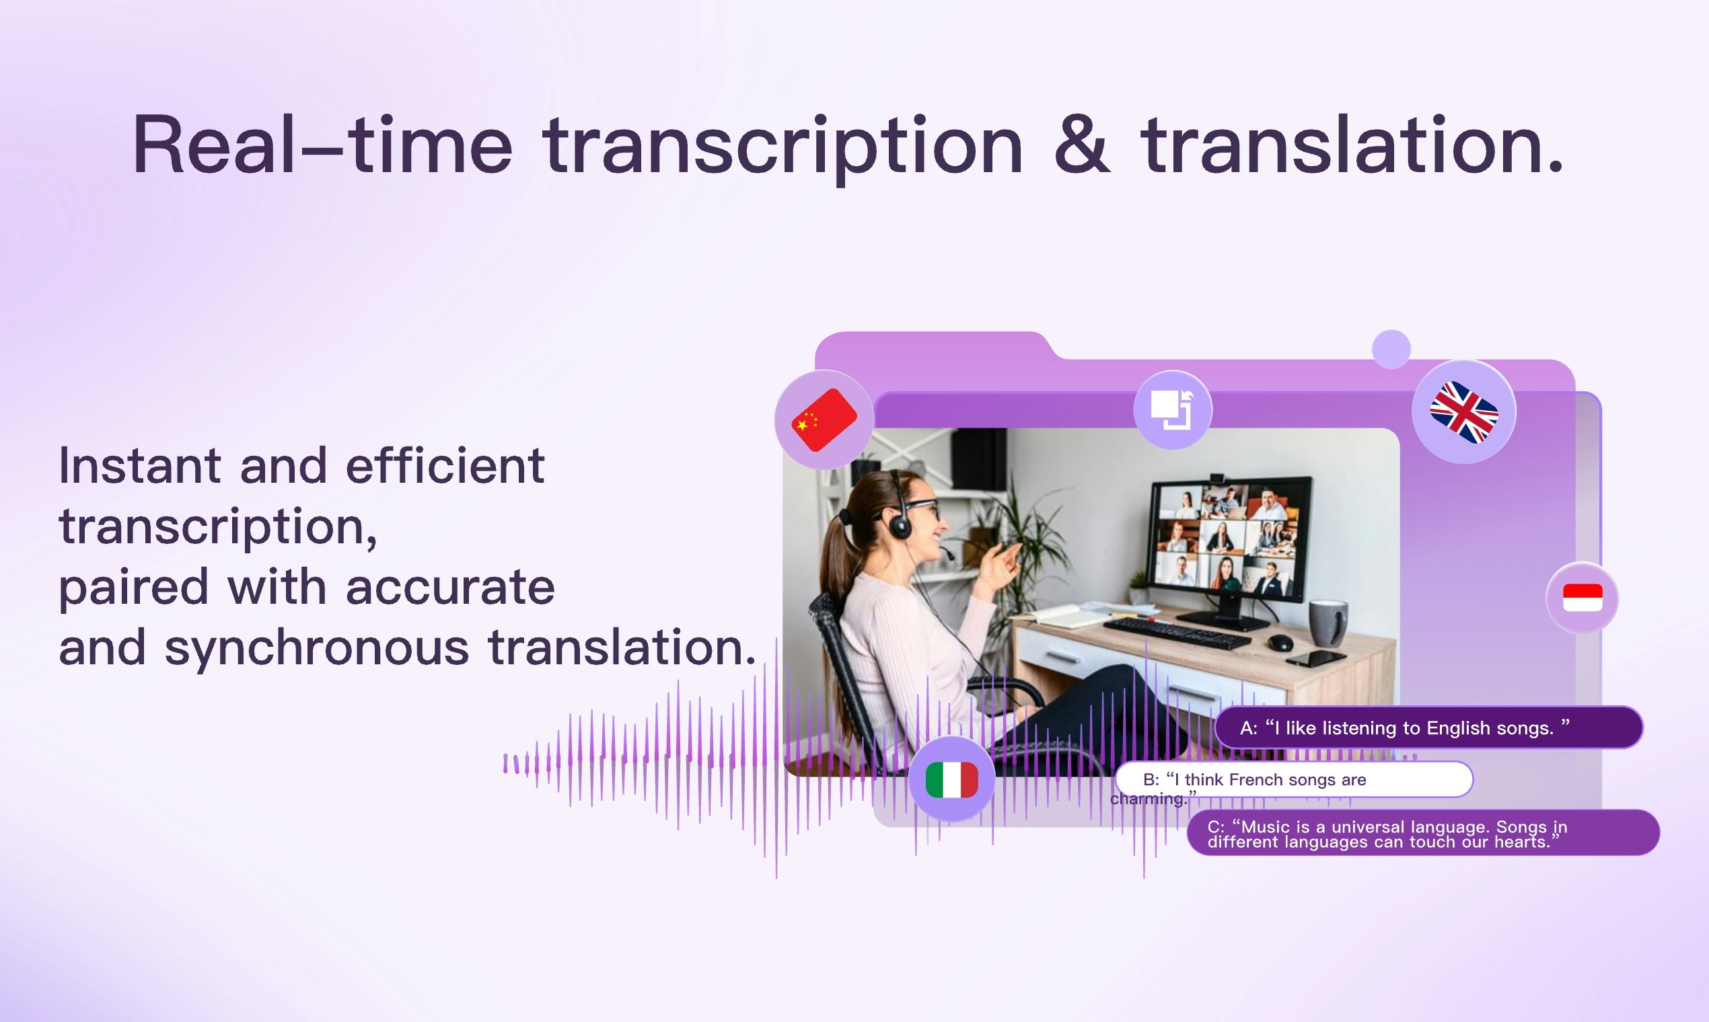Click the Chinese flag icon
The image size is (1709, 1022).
point(824,420)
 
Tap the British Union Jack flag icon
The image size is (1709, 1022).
point(1463,412)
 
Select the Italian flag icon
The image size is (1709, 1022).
point(951,779)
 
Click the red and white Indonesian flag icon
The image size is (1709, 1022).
point(1583,597)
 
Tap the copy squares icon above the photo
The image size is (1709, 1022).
point(1172,409)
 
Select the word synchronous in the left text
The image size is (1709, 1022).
point(317,648)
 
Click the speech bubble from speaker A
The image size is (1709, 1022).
point(1428,728)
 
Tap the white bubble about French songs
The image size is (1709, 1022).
point(1293,779)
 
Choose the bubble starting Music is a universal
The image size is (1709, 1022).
point(1422,833)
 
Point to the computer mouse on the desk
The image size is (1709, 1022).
point(1280,643)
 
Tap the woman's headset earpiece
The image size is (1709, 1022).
point(900,527)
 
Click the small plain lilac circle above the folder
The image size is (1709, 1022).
point(1391,349)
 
